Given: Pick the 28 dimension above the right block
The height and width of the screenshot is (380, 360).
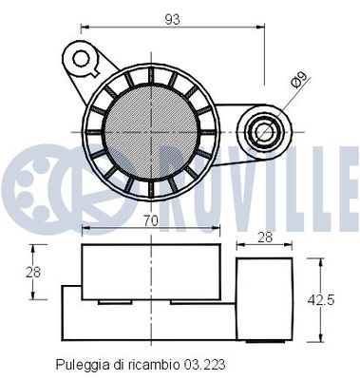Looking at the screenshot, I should (266, 239).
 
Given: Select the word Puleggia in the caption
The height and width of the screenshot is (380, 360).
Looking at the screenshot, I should (80, 363).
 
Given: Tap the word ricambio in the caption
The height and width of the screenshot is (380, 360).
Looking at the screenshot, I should (155, 363).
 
